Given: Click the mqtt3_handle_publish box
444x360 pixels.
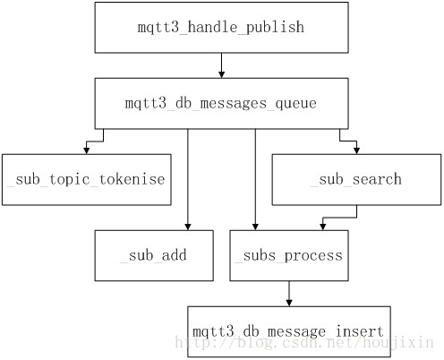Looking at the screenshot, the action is pyautogui.click(x=221, y=28).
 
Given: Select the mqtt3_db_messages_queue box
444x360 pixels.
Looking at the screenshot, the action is pyautogui.click(x=221, y=104).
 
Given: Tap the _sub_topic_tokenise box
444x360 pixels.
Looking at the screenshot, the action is pyautogui.click(x=87, y=180).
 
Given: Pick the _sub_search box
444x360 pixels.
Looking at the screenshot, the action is pyautogui.click(x=356, y=180).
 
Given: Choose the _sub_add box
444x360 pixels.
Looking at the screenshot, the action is pyautogui.click(x=154, y=255).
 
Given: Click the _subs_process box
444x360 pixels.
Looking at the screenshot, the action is pyautogui.click(x=289, y=255).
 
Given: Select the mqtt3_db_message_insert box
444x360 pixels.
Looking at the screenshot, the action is pyautogui.click(x=289, y=331).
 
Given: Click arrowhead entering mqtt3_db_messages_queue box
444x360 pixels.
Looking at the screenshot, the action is pyautogui.click(x=221, y=74).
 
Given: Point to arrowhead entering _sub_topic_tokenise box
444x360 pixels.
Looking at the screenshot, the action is pyautogui.click(x=87, y=150).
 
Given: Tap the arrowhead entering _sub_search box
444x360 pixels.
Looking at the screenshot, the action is pyautogui.click(x=356, y=150).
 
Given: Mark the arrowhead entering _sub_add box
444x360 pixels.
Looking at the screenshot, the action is pyautogui.click(x=188, y=227).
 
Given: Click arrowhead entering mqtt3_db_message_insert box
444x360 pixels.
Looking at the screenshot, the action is pyautogui.click(x=289, y=303).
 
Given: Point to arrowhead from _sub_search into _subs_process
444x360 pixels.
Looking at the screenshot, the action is pyautogui.click(x=322, y=227).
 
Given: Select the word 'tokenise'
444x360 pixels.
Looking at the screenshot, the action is pyautogui.click(x=132, y=179).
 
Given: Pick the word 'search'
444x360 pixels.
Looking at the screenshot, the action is pyautogui.click(x=377, y=179).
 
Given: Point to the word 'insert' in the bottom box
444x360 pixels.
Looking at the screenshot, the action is pyautogui.click(x=359, y=331).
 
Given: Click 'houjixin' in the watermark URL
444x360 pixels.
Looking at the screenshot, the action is pyautogui.click(x=398, y=343).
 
